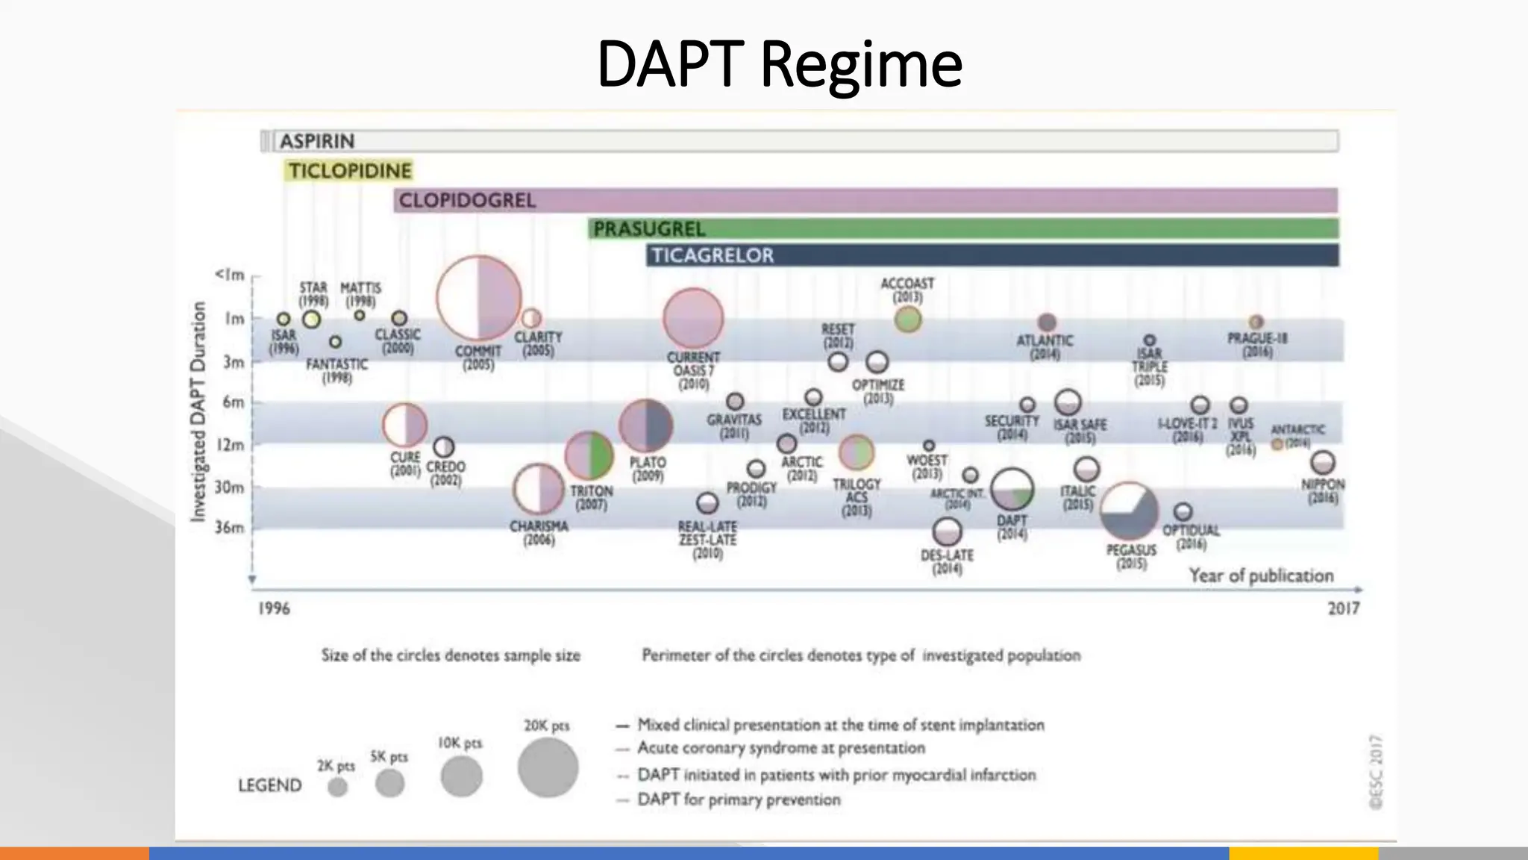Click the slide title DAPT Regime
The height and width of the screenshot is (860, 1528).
tap(779, 64)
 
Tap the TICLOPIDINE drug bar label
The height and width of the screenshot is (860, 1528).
tap(349, 171)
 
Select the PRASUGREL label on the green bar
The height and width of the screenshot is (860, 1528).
tap(648, 228)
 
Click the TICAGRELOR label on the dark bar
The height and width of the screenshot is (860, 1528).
tap(712, 255)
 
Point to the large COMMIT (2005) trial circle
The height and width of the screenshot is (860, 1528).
tap(478, 298)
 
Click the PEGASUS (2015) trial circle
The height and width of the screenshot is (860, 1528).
tap(1130, 511)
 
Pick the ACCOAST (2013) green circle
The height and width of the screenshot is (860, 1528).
tap(907, 320)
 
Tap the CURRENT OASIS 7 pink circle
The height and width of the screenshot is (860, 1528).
tap(693, 319)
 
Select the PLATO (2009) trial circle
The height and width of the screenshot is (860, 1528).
tap(646, 426)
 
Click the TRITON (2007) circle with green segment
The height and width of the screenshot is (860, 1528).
tap(589, 455)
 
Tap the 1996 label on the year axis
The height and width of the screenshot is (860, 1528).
tap(274, 608)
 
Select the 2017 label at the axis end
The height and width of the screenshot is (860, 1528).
tap(1343, 608)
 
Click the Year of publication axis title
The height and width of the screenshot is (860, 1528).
tap(1261, 576)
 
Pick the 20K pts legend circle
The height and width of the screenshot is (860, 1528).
tap(548, 767)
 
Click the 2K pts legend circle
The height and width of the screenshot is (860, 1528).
tap(338, 787)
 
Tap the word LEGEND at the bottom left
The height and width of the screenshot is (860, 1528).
tap(269, 785)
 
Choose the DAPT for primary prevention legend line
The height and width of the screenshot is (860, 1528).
tap(738, 800)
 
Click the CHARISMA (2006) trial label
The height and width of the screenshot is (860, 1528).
tap(539, 532)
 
